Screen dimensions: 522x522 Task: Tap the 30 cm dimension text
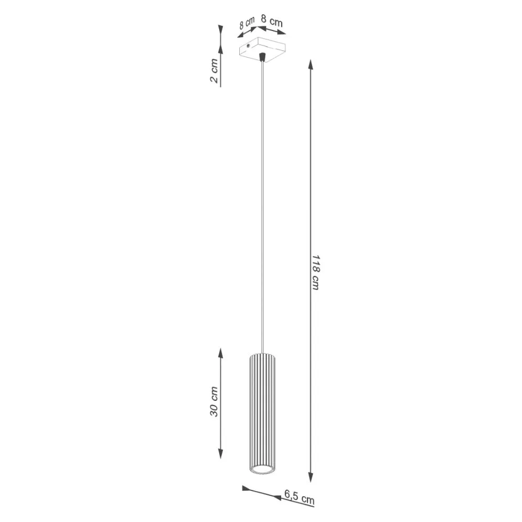point(214,403)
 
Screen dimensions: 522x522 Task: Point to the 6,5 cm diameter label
point(299,496)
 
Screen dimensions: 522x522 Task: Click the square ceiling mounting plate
point(262,50)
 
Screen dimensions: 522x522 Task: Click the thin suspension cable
point(262,210)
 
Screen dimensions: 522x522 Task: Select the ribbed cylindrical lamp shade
point(261,409)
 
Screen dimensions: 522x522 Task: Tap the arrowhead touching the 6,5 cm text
point(278,495)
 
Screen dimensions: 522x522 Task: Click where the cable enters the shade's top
point(262,353)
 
